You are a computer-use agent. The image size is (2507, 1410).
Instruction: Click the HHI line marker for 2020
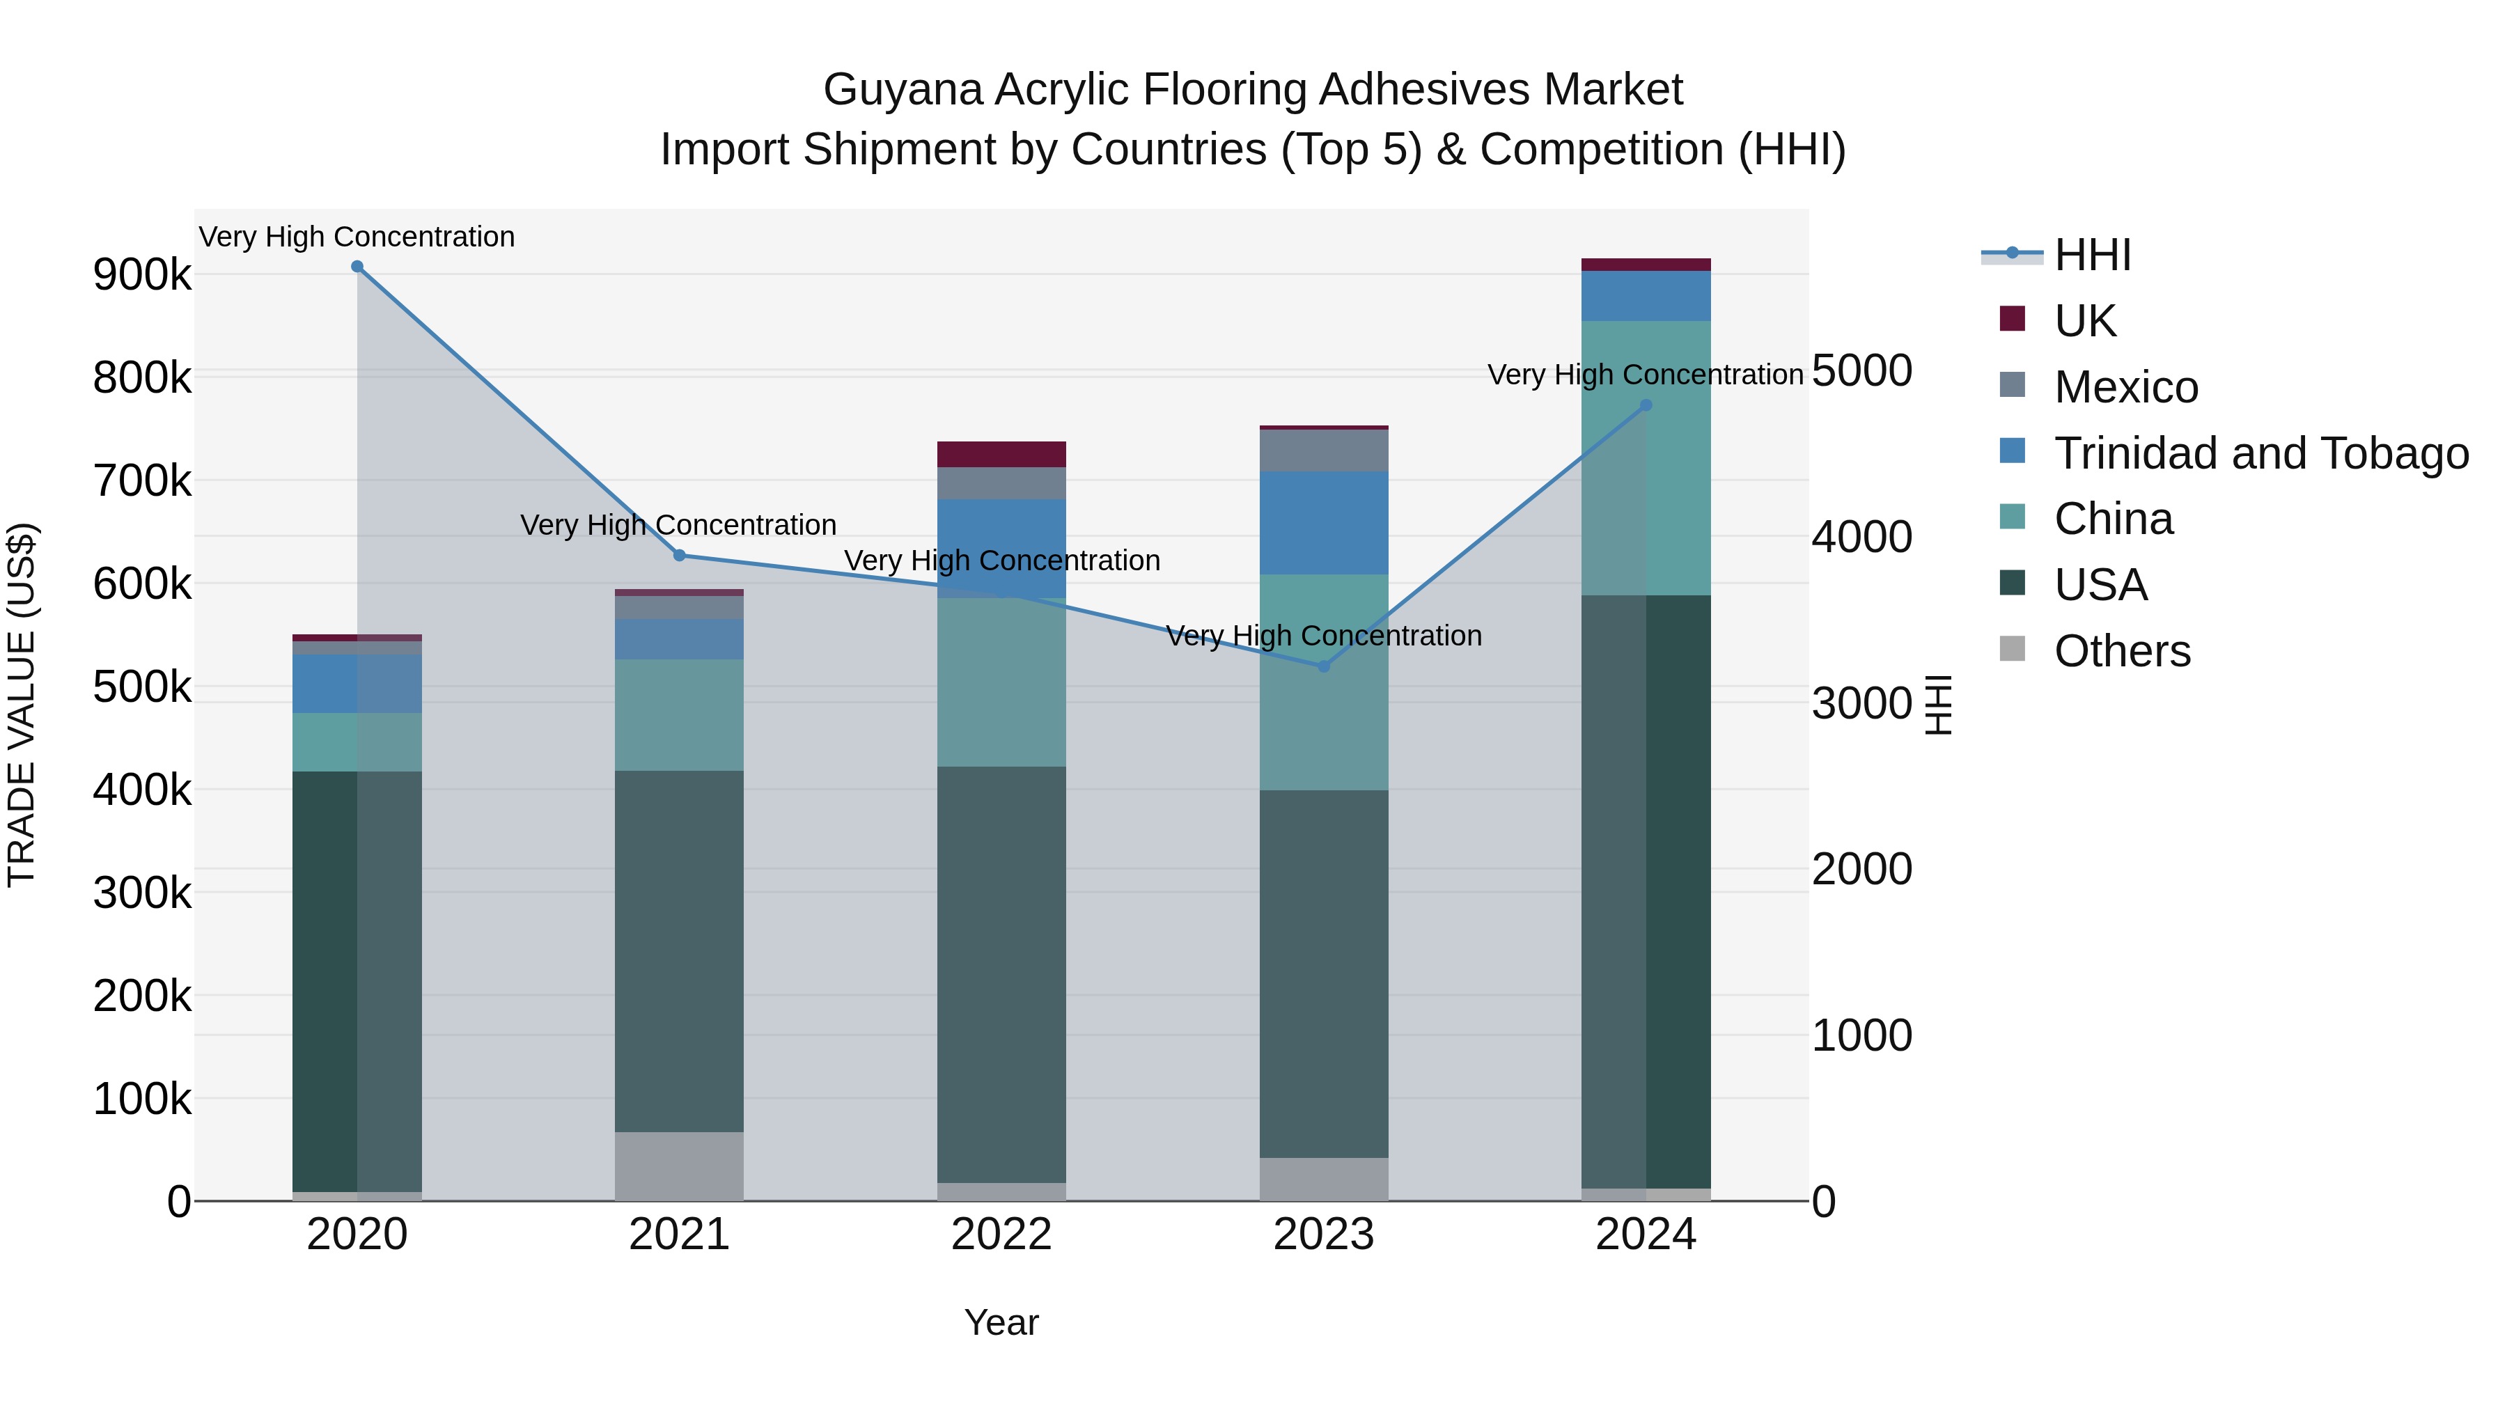click(357, 267)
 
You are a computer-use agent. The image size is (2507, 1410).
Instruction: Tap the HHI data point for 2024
click(1646, 406)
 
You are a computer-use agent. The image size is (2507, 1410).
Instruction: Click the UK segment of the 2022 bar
click(1001, 455)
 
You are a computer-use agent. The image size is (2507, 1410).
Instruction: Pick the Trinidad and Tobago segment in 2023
click(1324, 524)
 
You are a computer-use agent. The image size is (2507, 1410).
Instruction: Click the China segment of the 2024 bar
click(1646, 458)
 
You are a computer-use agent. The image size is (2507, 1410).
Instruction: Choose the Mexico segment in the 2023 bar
click(1324, 451)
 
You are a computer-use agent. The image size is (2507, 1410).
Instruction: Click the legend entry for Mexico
click(2125, 387)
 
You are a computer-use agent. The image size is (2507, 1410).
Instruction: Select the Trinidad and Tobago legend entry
click(2260, 453)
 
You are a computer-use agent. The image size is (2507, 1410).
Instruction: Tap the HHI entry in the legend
click(2093, 255)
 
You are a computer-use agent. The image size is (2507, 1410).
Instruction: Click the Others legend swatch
click(2012, 649)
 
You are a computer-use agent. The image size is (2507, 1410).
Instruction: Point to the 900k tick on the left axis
click(142, 275)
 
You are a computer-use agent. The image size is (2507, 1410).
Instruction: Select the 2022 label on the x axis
click(1001, 1235)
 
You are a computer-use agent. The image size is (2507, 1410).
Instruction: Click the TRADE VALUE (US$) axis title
click(22, 705)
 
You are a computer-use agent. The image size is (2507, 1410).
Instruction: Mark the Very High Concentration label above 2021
click(678, 526)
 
